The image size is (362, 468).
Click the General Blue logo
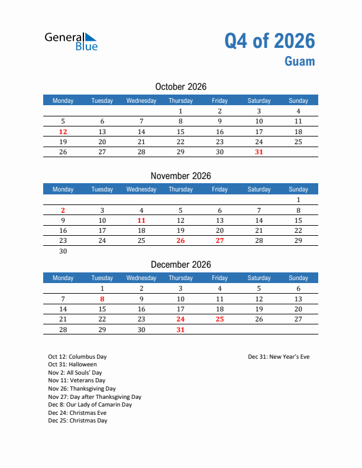(71, 41)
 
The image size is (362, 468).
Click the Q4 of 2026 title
(270, 41)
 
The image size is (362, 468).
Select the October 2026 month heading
(181, 87)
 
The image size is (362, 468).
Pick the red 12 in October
(63, 132)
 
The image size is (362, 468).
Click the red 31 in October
(258, 152)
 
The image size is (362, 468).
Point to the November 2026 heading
(181, 175)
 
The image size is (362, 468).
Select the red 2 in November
(63, 210)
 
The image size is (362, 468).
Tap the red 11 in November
(141, 220)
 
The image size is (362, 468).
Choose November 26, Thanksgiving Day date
(180, 240)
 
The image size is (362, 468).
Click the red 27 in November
(219, 240)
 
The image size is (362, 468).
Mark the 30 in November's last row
(63, 251)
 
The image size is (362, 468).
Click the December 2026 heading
(181, 264)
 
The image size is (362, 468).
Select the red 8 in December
(102, 299)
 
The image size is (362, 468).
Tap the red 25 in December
(219, 319)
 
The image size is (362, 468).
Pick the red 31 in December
(180, 330)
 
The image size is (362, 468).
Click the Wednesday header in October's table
(141, 100)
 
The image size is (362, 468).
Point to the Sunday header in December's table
(298, 278)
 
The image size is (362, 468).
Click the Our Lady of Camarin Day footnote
(90, 405)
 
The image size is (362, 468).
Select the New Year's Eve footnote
(279, 357)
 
